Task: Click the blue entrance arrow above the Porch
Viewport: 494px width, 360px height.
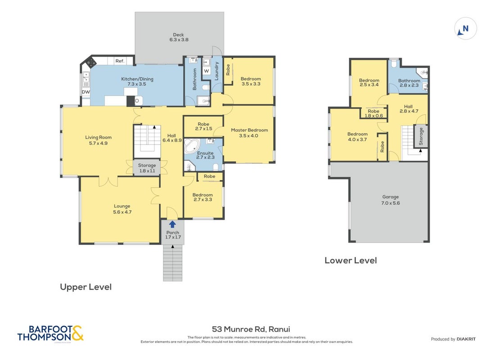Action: coord(172,224)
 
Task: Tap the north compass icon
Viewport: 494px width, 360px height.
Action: coord(465,29)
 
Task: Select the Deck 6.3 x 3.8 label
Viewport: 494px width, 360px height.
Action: coord(179,37)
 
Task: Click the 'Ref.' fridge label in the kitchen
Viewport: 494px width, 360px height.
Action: coord(120,61)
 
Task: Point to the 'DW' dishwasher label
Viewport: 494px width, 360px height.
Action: coord(86,92)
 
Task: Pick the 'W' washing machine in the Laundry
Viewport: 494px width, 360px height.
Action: coord(206,71)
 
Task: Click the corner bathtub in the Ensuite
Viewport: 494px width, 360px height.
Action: coord(192,146)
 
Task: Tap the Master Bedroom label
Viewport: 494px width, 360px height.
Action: coord(249,133)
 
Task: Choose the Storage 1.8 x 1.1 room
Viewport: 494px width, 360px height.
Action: coord(147,167)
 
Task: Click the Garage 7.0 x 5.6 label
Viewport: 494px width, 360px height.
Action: coord(390,200)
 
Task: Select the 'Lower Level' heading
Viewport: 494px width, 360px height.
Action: coord(351,261)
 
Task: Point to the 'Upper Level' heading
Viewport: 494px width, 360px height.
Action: coord(86,287)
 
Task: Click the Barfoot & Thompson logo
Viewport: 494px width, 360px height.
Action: coord(50,333)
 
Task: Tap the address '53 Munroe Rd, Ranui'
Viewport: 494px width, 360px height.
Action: coord(251,329)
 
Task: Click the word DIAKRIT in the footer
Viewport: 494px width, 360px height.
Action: coord(466,339)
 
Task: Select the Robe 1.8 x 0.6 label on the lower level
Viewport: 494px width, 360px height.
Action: coord(374,113)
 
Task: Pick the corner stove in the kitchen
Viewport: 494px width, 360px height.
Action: coord(91,62)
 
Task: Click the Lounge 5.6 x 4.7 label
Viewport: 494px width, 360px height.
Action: coord(122,209)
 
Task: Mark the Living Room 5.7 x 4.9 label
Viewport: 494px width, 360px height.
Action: coord(98,140)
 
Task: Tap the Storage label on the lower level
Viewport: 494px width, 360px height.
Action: coord(421,136)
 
